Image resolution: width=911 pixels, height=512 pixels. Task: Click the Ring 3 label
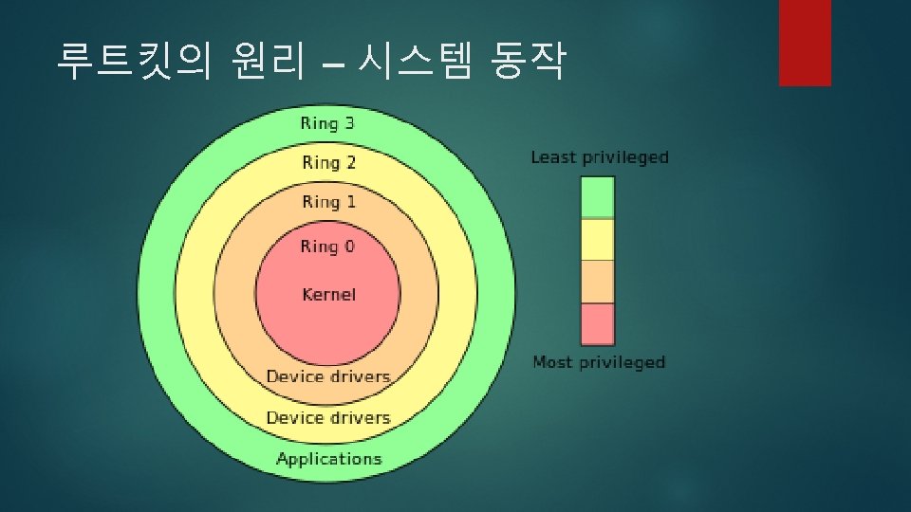[x=327, y=123]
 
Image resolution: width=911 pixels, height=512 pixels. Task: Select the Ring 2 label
[x=328, y=163]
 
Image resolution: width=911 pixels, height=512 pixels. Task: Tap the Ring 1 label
[x=328, y=202]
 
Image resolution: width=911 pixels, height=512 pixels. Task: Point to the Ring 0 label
[x=327, y=247]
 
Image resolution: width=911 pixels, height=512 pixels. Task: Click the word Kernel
[x=328, y=294]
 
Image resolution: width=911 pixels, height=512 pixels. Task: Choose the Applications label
[x=328, y=459]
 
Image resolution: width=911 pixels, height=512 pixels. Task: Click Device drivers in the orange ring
[x=328, y=376]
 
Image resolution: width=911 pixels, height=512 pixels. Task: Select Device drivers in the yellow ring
[x=328, y=418]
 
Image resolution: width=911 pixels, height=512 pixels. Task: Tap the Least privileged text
[x=600, y=157]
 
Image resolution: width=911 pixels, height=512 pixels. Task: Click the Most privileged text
[x=599, y=362]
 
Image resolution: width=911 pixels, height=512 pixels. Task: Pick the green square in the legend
[x=598, y=198]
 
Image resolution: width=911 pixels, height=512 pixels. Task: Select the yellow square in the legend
[x=598, y=240]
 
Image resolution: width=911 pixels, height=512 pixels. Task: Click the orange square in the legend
[x=598, y=282]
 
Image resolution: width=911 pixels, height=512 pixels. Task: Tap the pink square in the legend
[x=598, y=324]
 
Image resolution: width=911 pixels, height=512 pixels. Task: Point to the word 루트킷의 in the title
[x=134, y=64]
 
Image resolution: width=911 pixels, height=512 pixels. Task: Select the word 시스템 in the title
[x=414, y=64]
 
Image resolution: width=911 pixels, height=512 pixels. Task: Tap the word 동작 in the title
[x=527, y=64]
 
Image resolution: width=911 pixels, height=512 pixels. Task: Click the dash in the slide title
[x=333, y=66]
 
